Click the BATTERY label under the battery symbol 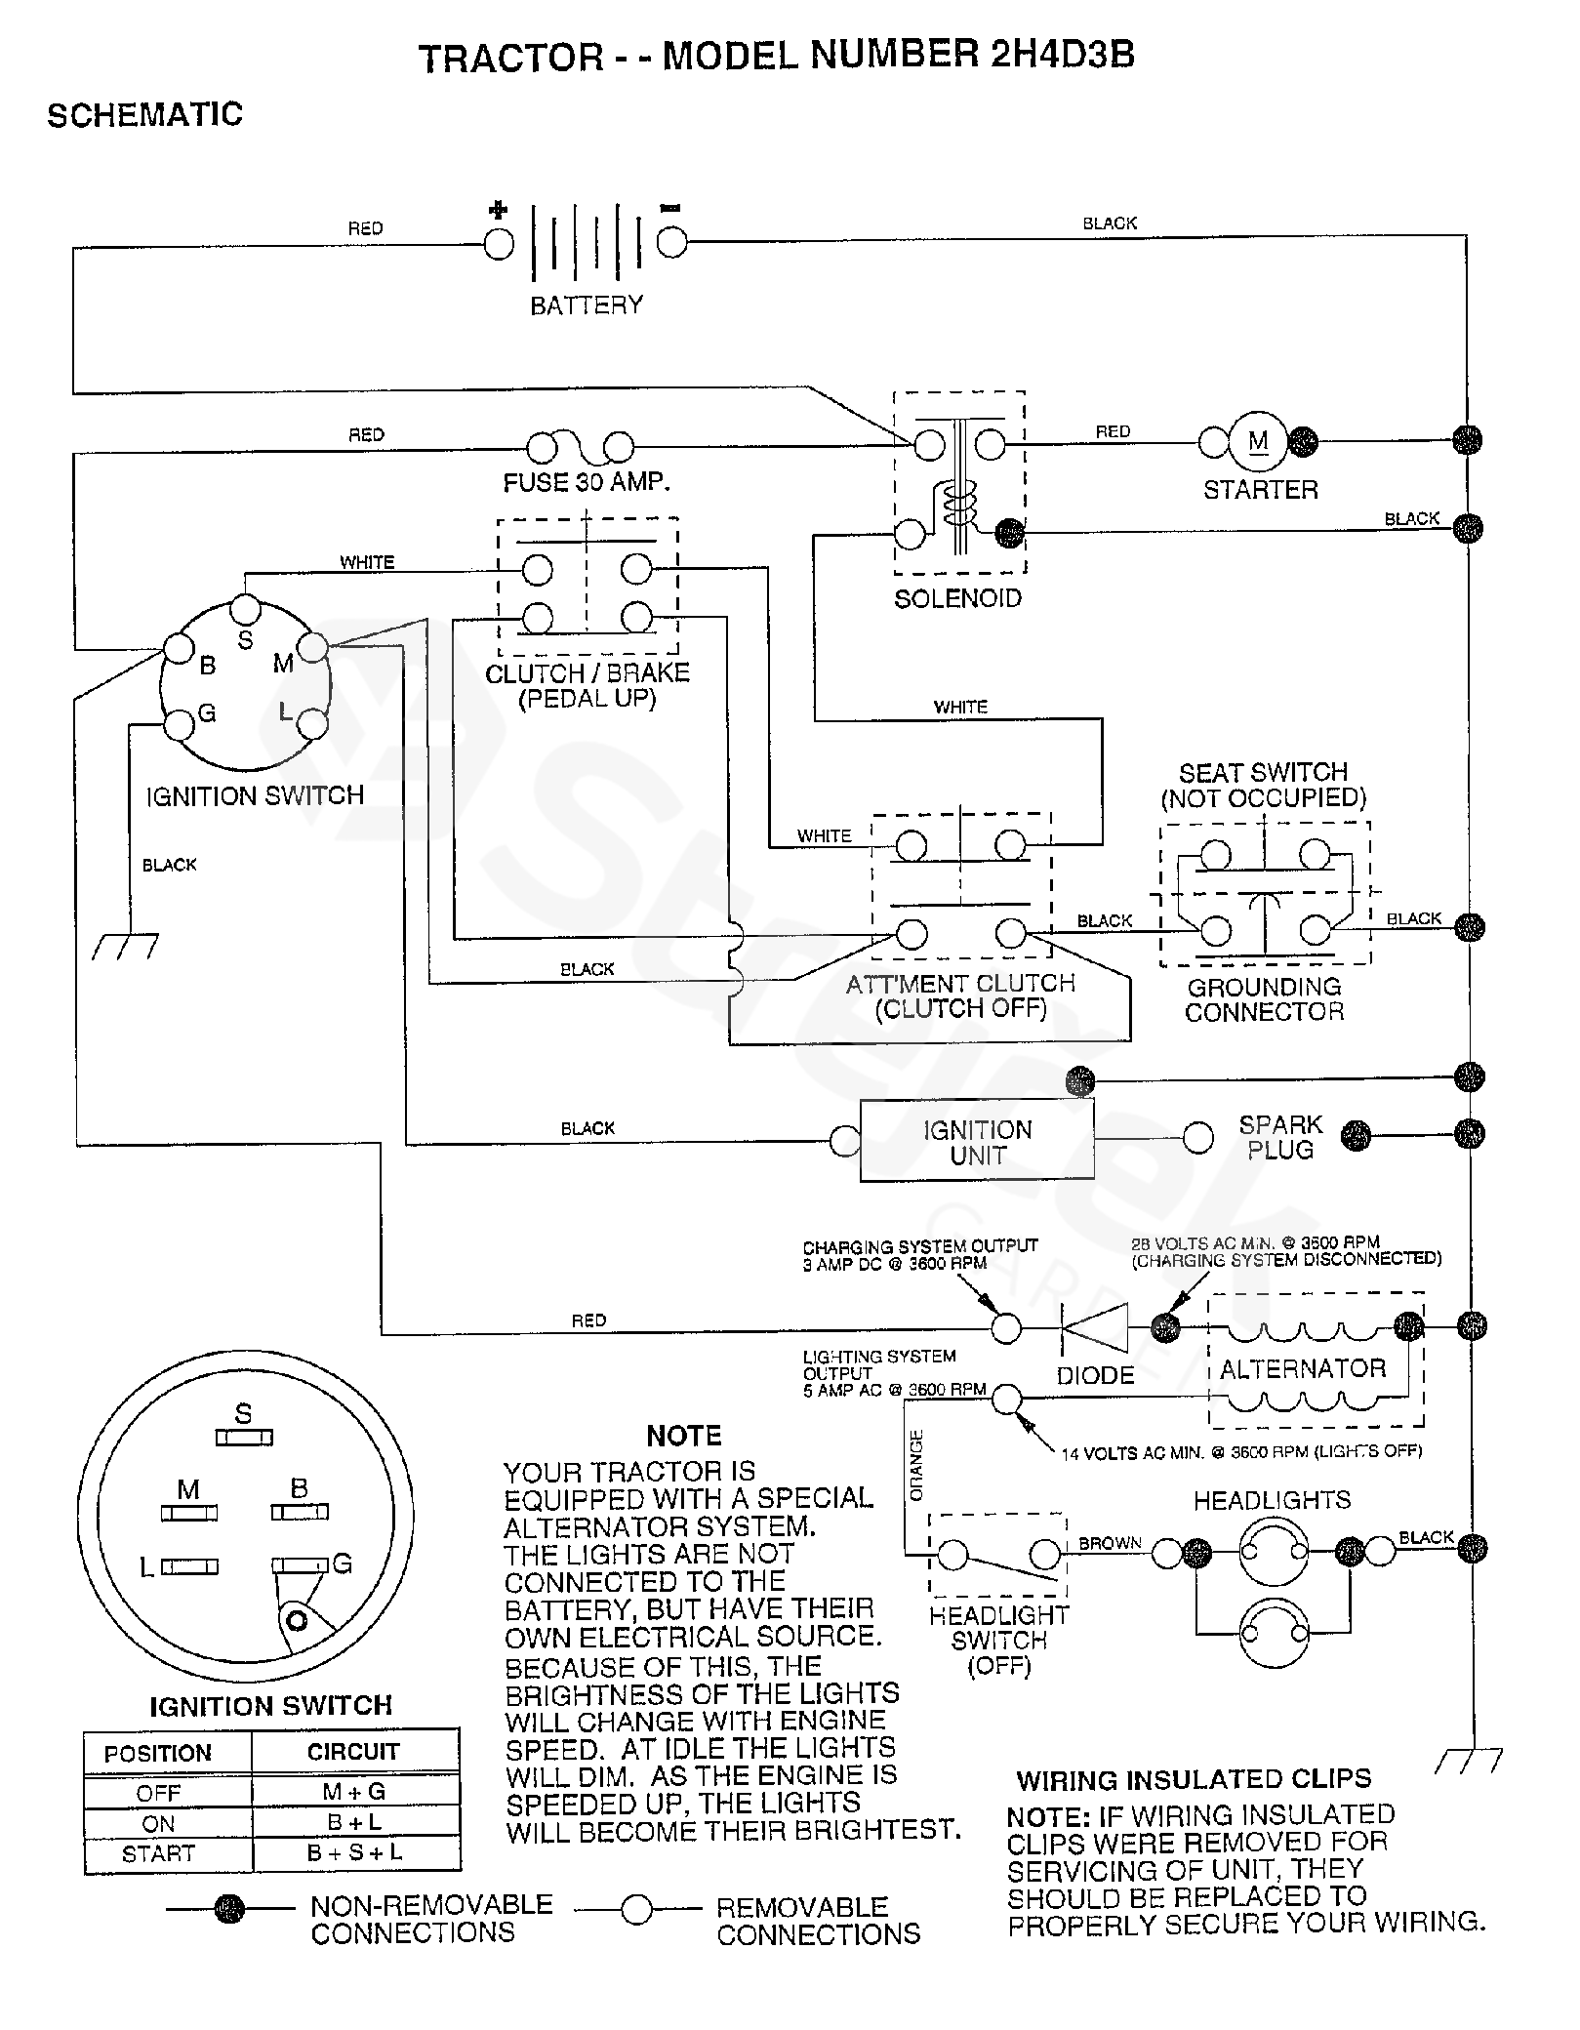(587, 305)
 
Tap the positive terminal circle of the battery (499, 244)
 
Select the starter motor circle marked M (1259, 441)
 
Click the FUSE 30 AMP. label (587, 482)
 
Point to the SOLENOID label (957, 598)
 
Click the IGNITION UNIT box (977, 1142)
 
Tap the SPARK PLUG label (1280, 1137)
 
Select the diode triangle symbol (1093, 1327)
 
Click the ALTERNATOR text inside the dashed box (1303, 1368)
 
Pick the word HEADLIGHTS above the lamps (1272, 1500)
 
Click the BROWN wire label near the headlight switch (1110, 1543)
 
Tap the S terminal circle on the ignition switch (245, 610)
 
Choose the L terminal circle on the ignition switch (312, 724)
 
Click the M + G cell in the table (354, 1792)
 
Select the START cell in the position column (158, 1853)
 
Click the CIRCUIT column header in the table (353, 1752)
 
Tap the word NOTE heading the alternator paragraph (684, 1436)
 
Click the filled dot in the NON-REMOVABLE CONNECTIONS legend (230, 1908)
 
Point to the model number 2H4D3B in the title (1062, 55)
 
